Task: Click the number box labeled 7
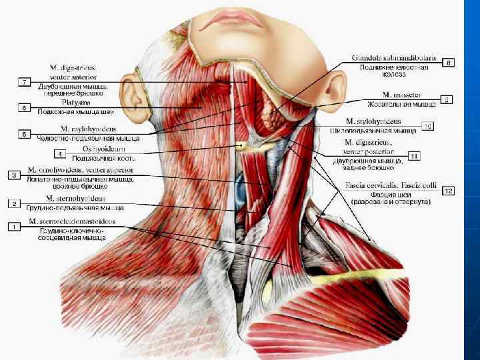24,82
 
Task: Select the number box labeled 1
12,227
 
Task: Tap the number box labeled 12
448,191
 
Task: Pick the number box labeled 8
449,63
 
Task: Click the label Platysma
73,103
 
